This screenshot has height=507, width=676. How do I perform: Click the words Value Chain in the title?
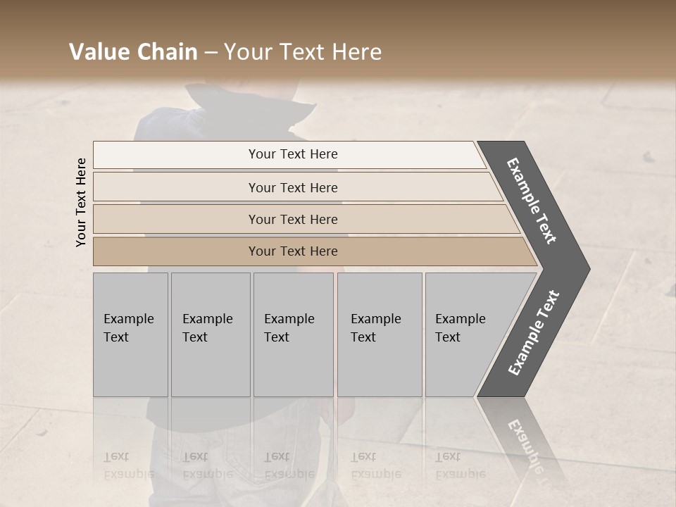(133, 52)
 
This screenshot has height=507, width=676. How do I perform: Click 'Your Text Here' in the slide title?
(303, 52)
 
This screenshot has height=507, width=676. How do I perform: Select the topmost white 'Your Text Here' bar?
(293, 154)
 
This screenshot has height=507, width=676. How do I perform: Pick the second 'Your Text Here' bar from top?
(293, 187)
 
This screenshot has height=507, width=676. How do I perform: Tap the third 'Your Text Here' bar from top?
(293, 219)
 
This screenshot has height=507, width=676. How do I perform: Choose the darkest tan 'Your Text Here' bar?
(293, 251)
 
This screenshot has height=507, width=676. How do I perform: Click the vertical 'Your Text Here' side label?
(81, 202)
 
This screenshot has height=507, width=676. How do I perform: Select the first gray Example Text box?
(130, 334)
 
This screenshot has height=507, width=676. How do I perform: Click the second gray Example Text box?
(210, 334)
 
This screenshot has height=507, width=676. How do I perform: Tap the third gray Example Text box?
(292, 334)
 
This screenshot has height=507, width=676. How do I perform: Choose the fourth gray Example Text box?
(379, 334)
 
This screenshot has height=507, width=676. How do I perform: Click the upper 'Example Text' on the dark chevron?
(532, 200)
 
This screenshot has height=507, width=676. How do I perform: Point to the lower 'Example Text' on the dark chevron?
(534, 333)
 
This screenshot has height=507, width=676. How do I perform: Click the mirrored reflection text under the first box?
(129, 465)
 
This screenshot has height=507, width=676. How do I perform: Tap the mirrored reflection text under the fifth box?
(460, 465)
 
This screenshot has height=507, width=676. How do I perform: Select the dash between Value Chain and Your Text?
(211, 52)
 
